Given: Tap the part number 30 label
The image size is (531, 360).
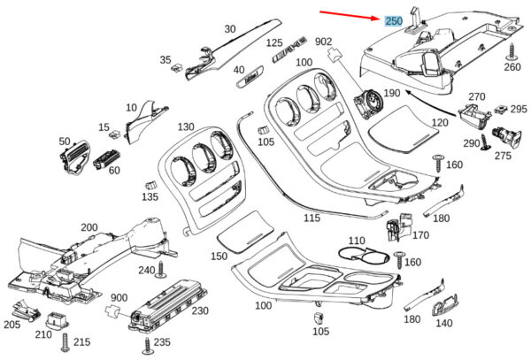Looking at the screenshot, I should point(230,29).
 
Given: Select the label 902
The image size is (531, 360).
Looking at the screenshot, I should point(323,42).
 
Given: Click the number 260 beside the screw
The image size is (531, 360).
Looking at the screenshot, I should point(513,66).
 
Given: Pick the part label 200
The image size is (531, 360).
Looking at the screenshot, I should point(89,227).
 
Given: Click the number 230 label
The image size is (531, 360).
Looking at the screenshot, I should point(200,310).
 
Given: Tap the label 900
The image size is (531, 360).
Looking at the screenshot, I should point(119,298).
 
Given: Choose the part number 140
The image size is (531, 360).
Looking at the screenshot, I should point(443,324).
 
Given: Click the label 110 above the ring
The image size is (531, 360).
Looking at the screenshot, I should point(356,241).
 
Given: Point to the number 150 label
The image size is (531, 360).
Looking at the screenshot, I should point(218,256).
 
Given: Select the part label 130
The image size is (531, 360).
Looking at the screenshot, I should point(186,126).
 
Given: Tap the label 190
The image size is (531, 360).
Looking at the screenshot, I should point(391,93).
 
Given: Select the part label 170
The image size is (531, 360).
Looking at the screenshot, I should point(420,235).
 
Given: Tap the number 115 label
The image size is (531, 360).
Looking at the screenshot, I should point(312,217).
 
